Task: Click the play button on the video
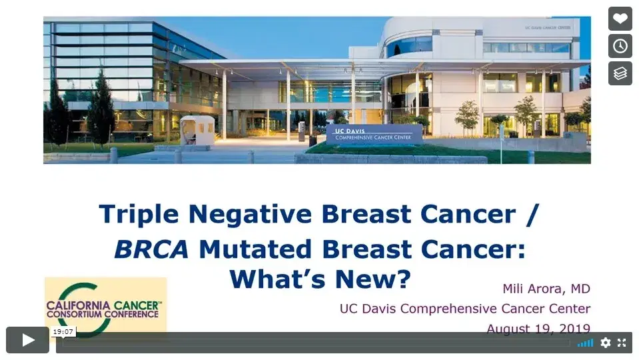(x=28, y=340)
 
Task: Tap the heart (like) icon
(x=620, y=19)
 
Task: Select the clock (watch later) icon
(x=620, y=46)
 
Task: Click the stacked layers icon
(x=620, y=73)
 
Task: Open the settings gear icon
(x=605, y=343)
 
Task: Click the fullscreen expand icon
(x=622, y=343)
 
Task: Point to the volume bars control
(x=585, y=343)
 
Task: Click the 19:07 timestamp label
(x=64, y=331)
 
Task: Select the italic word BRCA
(x=153, y=249)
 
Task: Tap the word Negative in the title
(x=250, y=215)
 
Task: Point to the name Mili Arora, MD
(x=546, y=289)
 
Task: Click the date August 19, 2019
(x=538, y=329)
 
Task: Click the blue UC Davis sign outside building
(x=374, y=134)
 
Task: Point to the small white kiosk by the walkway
(x=198, y=129)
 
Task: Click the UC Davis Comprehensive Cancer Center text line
(x=464, y=309)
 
